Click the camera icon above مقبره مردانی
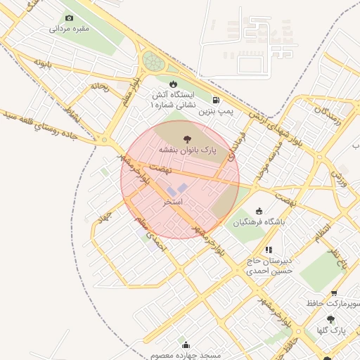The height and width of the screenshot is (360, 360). coord(69,18)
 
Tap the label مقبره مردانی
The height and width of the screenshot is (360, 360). coord(69,30)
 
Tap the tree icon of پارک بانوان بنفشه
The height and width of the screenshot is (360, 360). coord(187,139)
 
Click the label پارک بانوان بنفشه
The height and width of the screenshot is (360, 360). coord(187,150)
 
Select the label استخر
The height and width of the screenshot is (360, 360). coord(173,202)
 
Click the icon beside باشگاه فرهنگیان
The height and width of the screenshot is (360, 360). coord(259,211)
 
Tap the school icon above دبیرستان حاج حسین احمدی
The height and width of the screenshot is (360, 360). coord(268,250)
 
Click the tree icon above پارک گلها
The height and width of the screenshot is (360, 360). coord(330,319)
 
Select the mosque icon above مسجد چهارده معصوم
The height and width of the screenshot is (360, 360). coord(186,345)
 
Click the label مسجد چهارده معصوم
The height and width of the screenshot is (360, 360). coord(186,355)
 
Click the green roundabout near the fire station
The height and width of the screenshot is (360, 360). coord(153,60)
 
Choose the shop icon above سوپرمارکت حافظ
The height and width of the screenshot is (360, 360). coord(333,293)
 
